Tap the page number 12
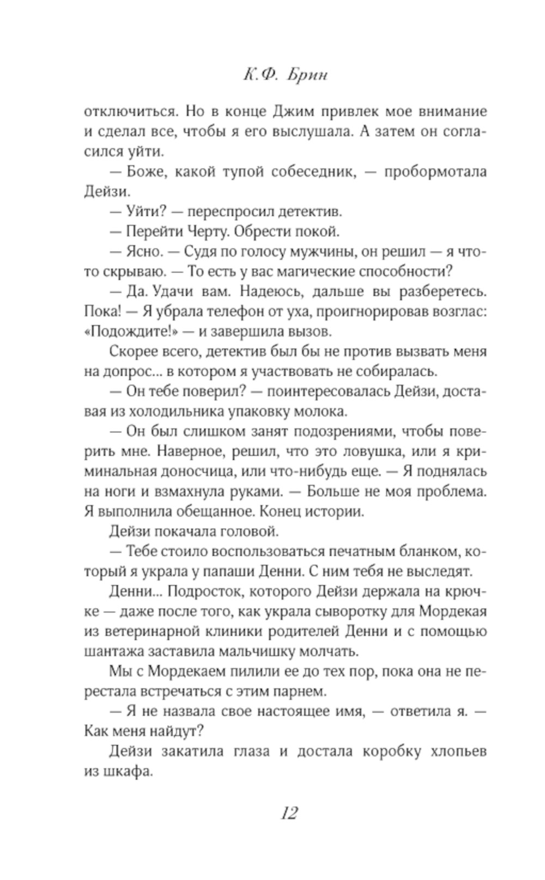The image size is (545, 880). click(289, 814)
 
